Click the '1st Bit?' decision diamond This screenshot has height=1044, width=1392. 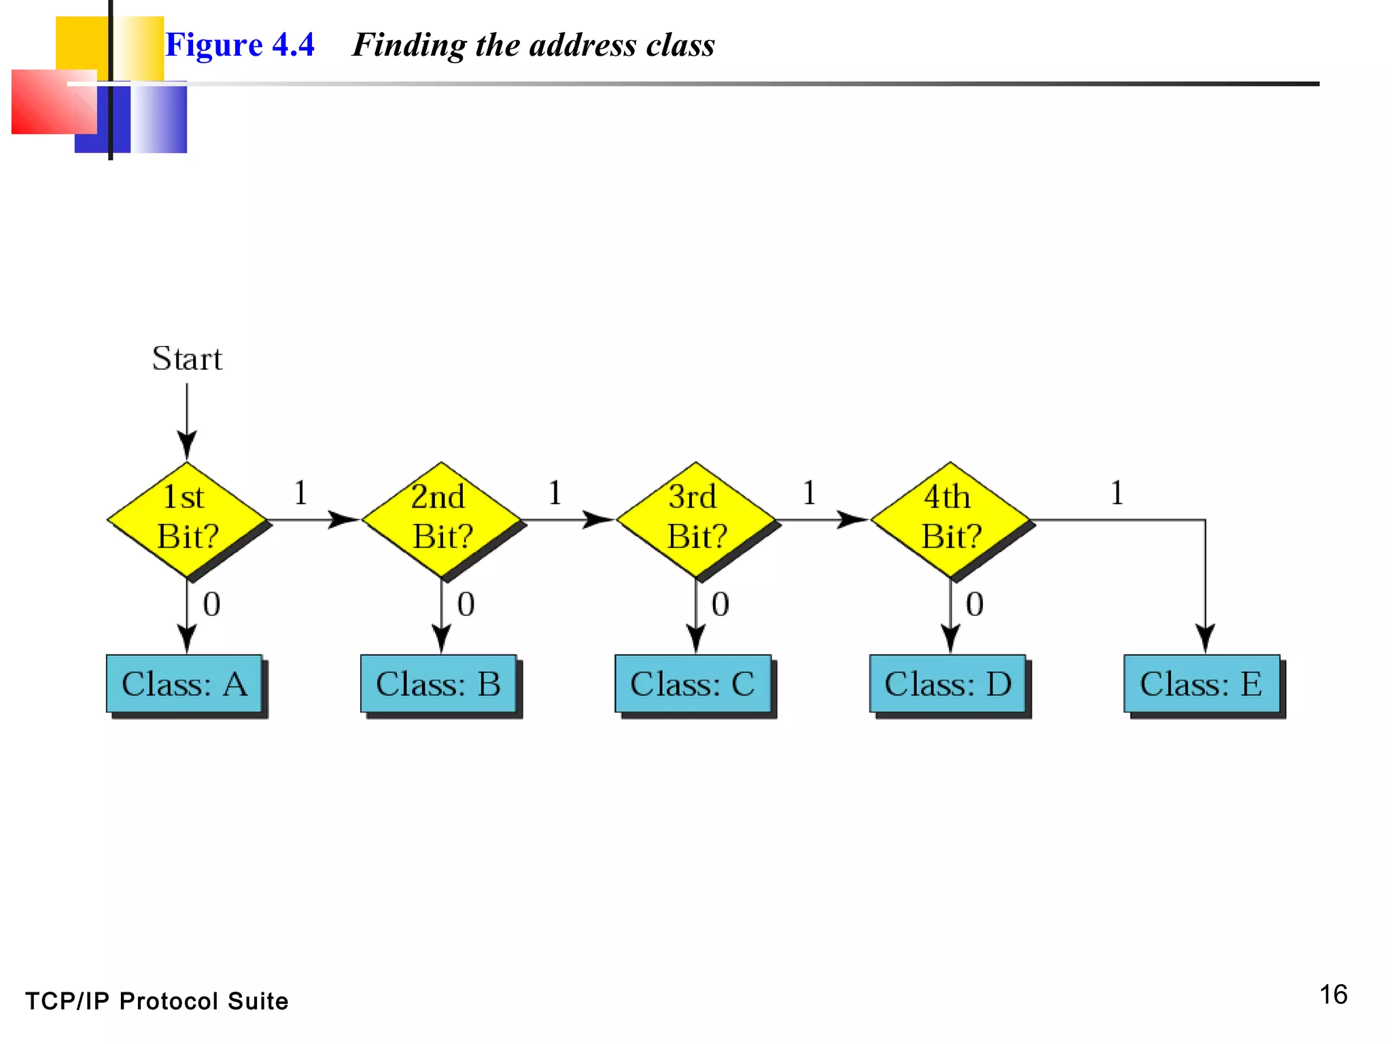click(187, 519)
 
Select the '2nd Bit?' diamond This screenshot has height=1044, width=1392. click(442, 519)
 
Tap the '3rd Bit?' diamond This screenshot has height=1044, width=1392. click(695, 519)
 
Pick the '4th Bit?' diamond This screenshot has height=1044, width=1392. click(950, 519)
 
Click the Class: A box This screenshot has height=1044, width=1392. click(184, 684)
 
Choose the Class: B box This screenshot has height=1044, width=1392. click(438, 684)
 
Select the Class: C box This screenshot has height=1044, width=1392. click(693, 684)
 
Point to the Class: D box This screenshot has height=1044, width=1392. click(947, 684)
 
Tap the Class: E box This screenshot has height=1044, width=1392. click(1202, 684)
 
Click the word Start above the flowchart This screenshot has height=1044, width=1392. click(187, 358)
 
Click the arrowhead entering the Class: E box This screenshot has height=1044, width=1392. click(1205, 639)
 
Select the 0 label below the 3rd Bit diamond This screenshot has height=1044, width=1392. click(720, 604)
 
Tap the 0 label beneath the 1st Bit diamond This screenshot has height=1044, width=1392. click(211, 604)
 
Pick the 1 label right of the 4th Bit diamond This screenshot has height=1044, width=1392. click(1117, 493)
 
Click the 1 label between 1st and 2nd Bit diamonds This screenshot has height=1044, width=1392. click(300, 493)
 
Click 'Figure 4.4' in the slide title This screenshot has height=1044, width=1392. click(240, 45)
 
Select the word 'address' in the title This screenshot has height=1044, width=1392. click(582, 45)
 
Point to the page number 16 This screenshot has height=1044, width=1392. click(1333, 994)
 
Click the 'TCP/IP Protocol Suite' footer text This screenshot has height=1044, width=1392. click(157, 1001)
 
